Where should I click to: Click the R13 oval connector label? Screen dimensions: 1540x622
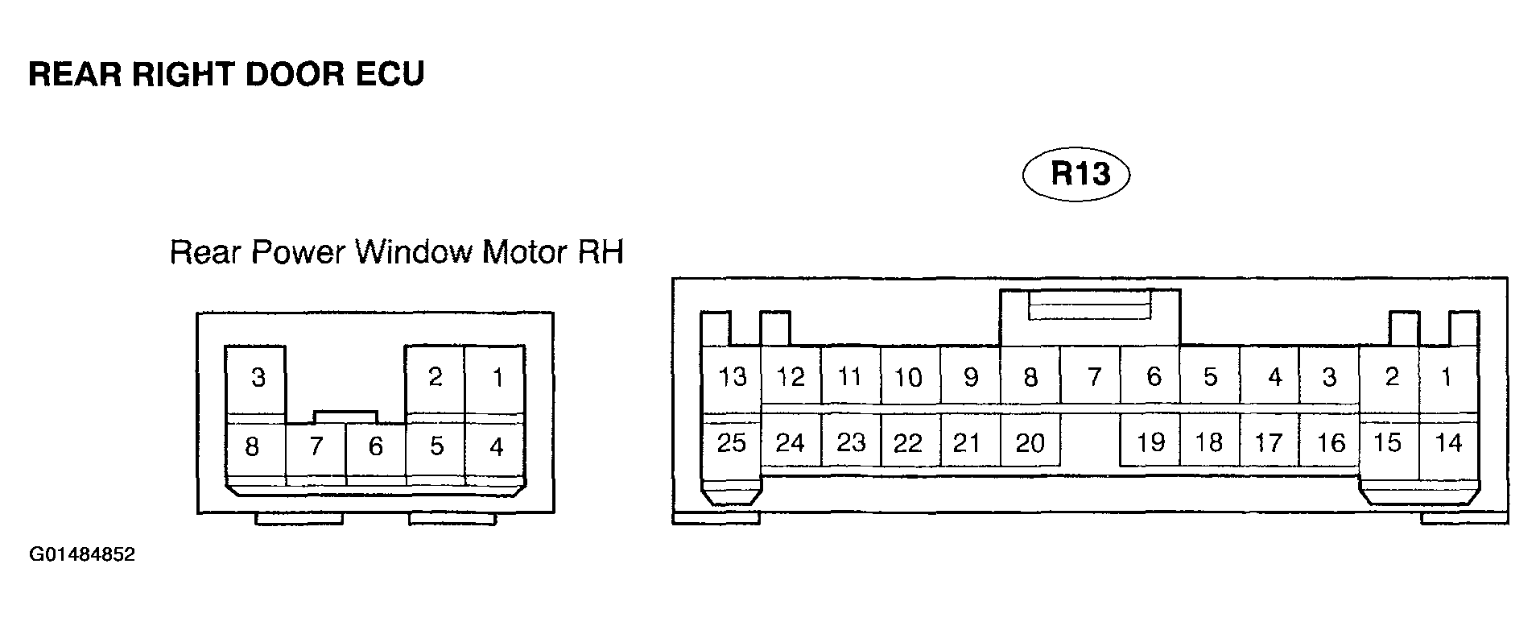(1076, 174)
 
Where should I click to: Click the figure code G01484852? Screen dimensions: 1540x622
(82, 555)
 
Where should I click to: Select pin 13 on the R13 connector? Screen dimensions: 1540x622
(732, 375)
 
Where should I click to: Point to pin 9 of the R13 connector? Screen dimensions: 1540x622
(971, 375)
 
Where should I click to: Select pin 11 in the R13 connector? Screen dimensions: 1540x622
(851, 375)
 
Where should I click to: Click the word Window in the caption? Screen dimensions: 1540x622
(413, 253)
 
